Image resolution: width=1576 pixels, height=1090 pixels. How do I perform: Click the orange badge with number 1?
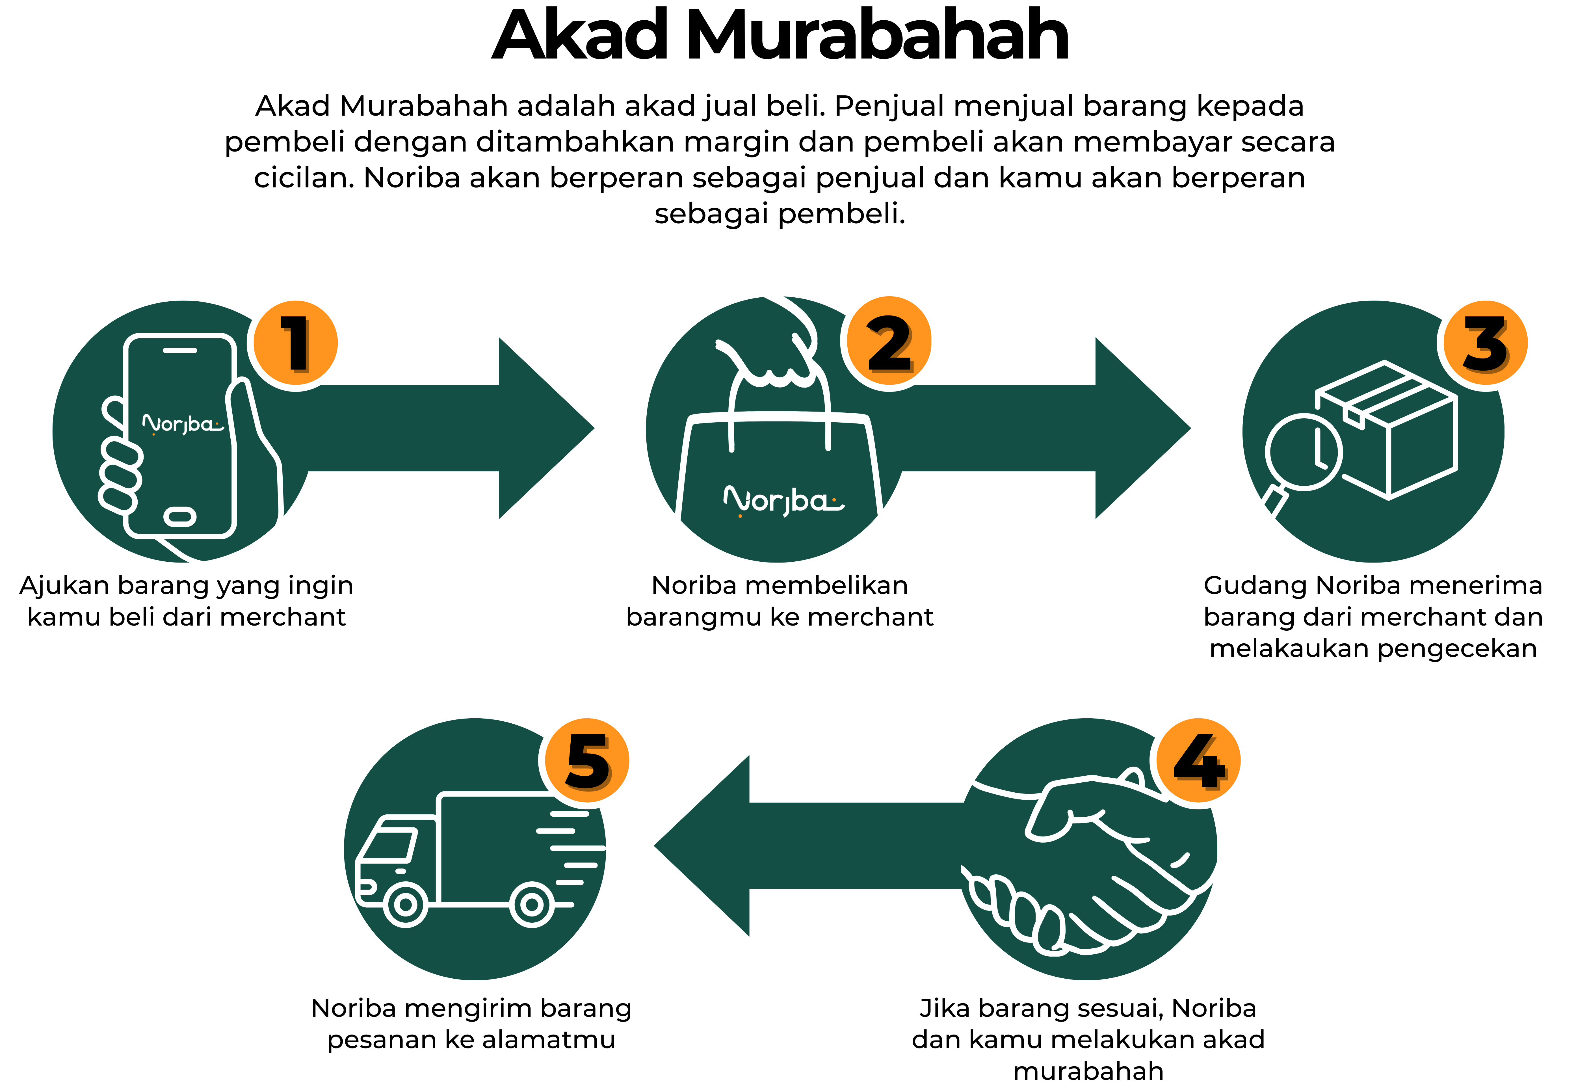(296, 343)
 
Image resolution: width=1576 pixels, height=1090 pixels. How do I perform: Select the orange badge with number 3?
(1485, 343)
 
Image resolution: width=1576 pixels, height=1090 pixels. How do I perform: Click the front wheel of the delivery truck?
(406, 905)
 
